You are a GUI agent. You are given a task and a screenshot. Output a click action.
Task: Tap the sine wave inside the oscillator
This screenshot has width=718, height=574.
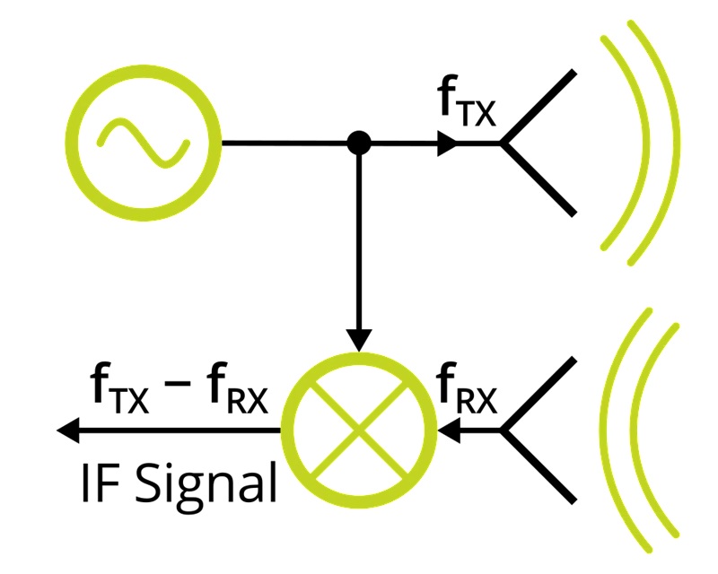click(x=144, y=143)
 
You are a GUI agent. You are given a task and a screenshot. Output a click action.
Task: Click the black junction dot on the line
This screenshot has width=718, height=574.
click(x=359, y=143)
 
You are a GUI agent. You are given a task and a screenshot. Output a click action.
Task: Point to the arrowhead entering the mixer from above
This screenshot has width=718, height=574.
click(x=359, y=341)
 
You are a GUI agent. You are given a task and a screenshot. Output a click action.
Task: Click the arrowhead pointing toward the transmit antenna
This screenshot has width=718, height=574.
click(x=447, y=143)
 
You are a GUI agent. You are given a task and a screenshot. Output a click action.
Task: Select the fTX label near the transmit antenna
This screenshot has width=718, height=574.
click(x=466, y=104)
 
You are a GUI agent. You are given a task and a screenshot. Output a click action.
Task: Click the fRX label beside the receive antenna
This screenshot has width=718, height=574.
click(x=466, y=390)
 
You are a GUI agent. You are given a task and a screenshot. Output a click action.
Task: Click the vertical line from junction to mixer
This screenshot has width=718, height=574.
click(x=359, y=242)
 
